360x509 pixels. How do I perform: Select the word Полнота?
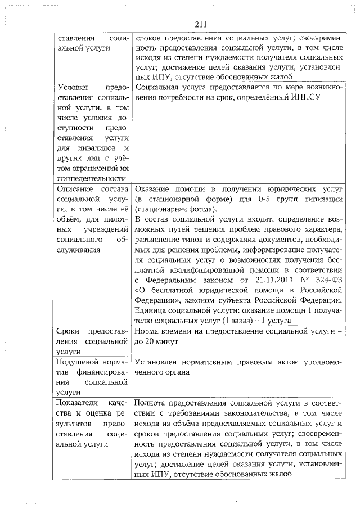(152, 404)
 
